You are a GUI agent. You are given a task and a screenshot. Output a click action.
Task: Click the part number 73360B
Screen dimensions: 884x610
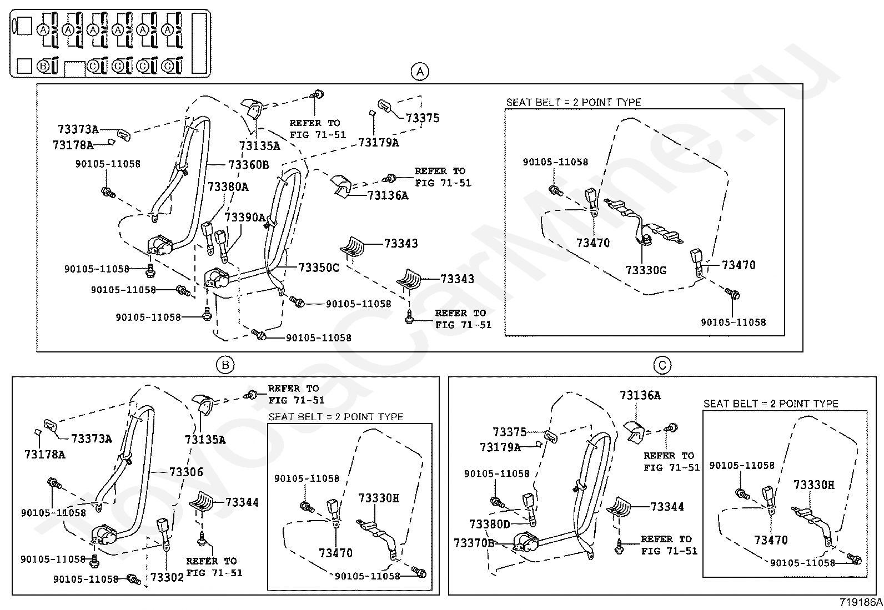tap(249, 164)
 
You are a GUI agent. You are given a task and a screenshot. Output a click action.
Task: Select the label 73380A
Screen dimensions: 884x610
tap(228, 186)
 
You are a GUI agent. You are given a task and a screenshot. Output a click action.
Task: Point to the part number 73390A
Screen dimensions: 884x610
tap(245, 218)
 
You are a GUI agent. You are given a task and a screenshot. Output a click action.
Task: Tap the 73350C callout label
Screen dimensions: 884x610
tap(319, 268)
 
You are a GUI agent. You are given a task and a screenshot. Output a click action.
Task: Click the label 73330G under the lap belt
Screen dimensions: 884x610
tap(646, 270)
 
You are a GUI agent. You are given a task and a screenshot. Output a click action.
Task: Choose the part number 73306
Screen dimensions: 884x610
tap(186, 472)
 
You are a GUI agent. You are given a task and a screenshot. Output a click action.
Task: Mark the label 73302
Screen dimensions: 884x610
tap(167, 578)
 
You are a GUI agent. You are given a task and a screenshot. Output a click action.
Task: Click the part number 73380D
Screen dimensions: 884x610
tap(490, 524)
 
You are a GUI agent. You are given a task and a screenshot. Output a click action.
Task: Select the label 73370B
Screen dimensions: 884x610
tap(474, 543)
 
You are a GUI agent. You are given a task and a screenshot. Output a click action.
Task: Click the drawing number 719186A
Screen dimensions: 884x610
tap(861, 602)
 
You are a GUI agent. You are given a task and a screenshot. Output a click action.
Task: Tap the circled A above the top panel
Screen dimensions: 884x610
tap(420, 72)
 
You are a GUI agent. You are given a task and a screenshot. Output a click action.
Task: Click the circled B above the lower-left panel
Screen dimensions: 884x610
tap(225, 365)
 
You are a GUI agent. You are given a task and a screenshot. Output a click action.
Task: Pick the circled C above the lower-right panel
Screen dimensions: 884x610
tap(662, 365)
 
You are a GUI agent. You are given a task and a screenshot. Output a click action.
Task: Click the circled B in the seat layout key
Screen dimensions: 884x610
tap(43, 66)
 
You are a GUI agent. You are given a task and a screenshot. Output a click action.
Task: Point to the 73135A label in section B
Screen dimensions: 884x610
tap(205, 440)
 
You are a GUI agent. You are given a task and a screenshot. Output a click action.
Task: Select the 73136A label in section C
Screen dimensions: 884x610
tap(640, 395)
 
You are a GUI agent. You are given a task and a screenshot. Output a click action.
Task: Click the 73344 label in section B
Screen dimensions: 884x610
tap(242, 502)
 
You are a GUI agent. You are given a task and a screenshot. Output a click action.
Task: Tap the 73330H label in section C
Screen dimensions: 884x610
tap(814, 485)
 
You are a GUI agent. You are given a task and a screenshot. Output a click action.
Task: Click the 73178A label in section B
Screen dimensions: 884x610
tap(45, 455)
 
